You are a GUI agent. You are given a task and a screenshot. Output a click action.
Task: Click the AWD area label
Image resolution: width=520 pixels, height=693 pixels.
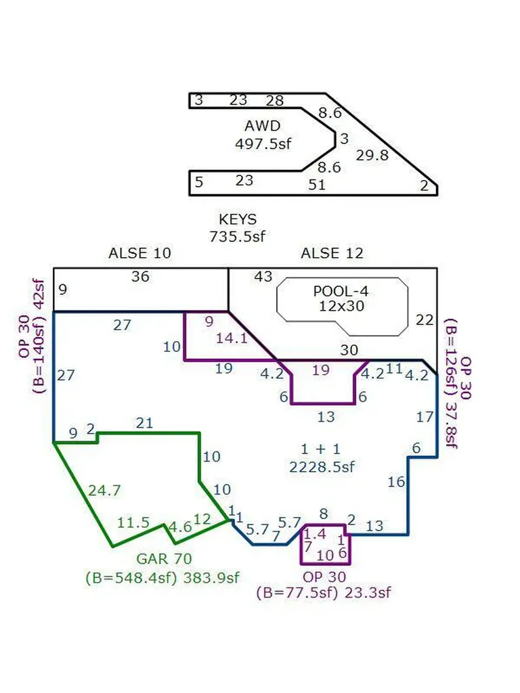263,126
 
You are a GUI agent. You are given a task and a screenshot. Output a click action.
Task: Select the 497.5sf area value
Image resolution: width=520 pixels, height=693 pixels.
263,143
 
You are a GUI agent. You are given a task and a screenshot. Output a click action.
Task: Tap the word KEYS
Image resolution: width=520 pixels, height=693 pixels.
238,219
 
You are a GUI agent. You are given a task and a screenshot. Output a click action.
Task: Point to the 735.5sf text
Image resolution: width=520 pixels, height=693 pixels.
238,236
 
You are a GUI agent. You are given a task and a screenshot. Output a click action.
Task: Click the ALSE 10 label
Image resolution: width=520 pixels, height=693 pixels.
139,253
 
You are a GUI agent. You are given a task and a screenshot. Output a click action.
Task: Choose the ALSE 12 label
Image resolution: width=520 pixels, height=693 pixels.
332,253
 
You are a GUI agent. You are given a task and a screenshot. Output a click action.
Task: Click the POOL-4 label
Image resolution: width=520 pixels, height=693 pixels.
341,291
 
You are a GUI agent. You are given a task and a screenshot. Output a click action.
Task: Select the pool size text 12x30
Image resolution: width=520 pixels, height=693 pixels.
341,306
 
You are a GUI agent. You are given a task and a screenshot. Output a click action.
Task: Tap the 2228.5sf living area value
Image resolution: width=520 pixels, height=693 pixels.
322,467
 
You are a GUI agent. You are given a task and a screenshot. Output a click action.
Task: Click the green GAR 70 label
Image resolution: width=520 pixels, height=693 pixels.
164,558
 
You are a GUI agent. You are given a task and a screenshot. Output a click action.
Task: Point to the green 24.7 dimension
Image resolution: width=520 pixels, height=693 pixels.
104,491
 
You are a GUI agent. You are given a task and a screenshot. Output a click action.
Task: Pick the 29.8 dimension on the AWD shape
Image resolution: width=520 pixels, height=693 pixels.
372,155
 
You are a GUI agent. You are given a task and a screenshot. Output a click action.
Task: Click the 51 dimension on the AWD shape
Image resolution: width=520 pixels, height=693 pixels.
317,184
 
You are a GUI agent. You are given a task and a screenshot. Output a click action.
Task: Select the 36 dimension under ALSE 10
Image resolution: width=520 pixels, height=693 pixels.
140,277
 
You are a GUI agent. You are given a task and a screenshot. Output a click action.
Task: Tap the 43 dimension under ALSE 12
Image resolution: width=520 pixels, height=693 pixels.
263,277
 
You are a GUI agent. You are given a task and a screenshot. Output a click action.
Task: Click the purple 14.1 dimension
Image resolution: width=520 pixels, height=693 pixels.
232,338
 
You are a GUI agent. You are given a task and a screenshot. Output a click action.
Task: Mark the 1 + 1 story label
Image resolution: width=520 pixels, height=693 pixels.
320,449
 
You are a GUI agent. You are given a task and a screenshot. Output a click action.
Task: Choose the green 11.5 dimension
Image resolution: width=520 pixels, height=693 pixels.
133,523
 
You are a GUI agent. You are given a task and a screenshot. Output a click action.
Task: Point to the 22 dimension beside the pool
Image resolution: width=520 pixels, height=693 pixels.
425,319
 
